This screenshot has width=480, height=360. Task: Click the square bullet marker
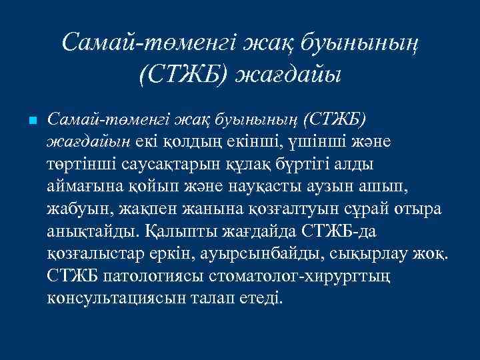coord(32,121)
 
